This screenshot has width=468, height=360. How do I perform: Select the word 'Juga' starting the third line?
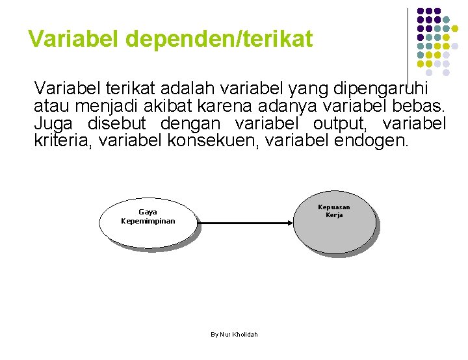click(55, 123)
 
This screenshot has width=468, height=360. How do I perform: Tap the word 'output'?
click(342, 123)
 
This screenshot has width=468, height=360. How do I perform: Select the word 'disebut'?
click(119, 123)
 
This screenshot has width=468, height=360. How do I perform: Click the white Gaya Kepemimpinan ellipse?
click(148, 231)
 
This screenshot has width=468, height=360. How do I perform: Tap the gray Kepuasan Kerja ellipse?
click(334, 231)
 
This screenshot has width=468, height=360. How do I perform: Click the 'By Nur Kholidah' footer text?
click(234, 334)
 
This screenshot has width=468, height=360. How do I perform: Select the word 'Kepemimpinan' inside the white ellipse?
click(148, 221)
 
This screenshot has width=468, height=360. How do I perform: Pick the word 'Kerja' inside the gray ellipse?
click(334, 215)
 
